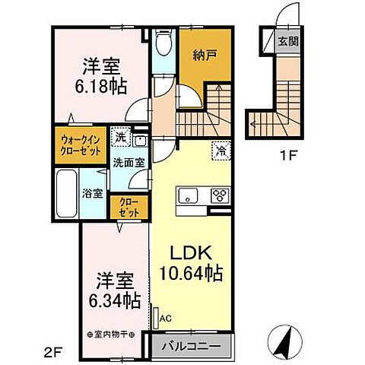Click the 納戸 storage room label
coord(200,55)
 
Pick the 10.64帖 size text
coord(191,271)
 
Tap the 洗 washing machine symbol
coord(121,138)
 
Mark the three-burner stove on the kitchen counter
coord(219,195)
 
